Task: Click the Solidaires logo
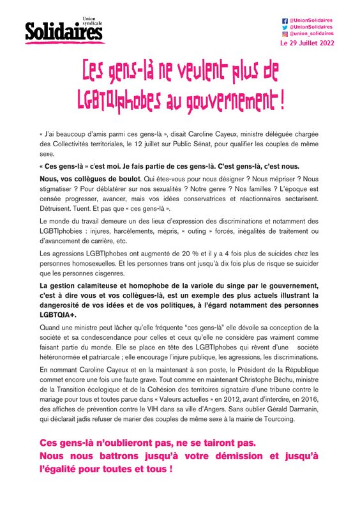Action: pyautogui.click(x=64, y=31)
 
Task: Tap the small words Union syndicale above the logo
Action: pyautogui.click(x=92, y=22)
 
